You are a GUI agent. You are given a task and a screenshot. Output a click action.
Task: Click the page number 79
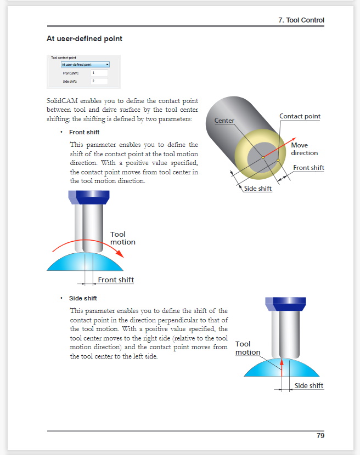tap(320, 436)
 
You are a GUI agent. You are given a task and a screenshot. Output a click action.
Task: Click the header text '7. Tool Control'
tap(301, 20)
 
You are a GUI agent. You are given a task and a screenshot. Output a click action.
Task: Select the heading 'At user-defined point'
tap(85, 39)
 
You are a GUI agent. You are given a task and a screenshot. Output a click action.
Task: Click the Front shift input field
tap(99, 73)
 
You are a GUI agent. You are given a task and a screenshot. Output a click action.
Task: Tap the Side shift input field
tap(99, 81)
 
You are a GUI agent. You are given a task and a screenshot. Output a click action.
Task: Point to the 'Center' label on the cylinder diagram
tap(224, 121)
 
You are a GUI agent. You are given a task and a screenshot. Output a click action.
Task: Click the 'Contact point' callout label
tap(300, 116)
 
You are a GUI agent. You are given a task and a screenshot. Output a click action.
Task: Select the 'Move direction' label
tap(304, 149)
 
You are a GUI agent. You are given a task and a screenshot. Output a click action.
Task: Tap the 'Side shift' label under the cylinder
tap(258, 189)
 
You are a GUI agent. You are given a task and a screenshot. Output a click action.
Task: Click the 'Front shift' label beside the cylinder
tap(308, 168)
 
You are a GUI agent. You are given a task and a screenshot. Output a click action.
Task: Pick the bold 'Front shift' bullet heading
tap(84, 132)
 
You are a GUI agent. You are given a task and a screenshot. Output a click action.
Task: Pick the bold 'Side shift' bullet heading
tap(83, 298)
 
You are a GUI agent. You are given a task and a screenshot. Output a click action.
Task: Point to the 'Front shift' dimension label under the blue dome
tap(116, 280)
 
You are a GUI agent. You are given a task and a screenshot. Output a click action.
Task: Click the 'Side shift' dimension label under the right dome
tap(309, 386)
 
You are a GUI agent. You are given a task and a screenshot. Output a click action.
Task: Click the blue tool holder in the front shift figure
tap(89, 195)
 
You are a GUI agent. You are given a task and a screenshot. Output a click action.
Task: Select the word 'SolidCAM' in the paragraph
tap(63, 102)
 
